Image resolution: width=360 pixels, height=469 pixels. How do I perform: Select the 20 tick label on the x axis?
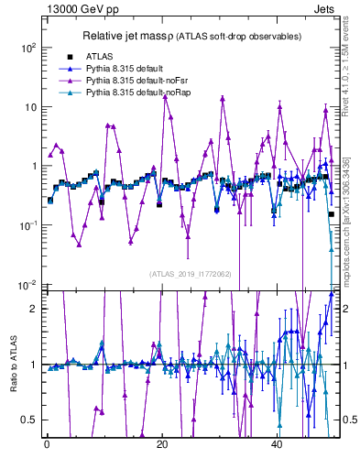[x=162, y=444]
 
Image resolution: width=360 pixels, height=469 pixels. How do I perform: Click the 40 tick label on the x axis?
[x=278, y=444]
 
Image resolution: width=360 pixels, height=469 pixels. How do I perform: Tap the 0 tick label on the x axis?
[x=47, y=444]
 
